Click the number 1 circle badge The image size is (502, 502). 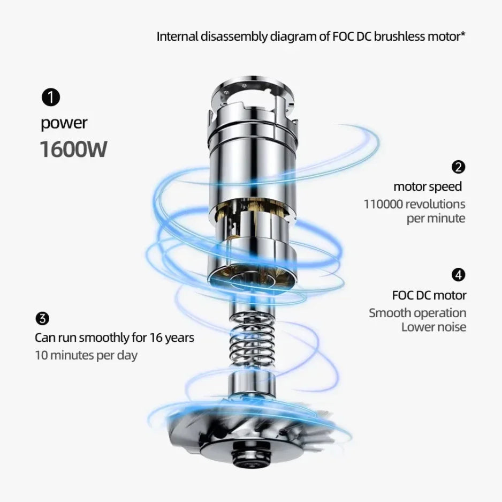[50, 98]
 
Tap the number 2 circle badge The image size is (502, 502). [458, 167]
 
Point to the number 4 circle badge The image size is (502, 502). [458, 275]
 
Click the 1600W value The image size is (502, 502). [73, 149]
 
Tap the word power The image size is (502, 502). [64, 123]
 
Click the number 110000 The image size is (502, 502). [383, 204]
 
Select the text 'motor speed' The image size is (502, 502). [427, 186]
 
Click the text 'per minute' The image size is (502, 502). [436, 219]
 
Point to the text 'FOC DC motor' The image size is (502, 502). [429, 295]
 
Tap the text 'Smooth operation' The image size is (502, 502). [417, 313]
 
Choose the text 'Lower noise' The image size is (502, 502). [433, 327]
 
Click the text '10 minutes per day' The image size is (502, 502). [86, 355]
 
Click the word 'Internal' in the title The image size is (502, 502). [176, 37]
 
